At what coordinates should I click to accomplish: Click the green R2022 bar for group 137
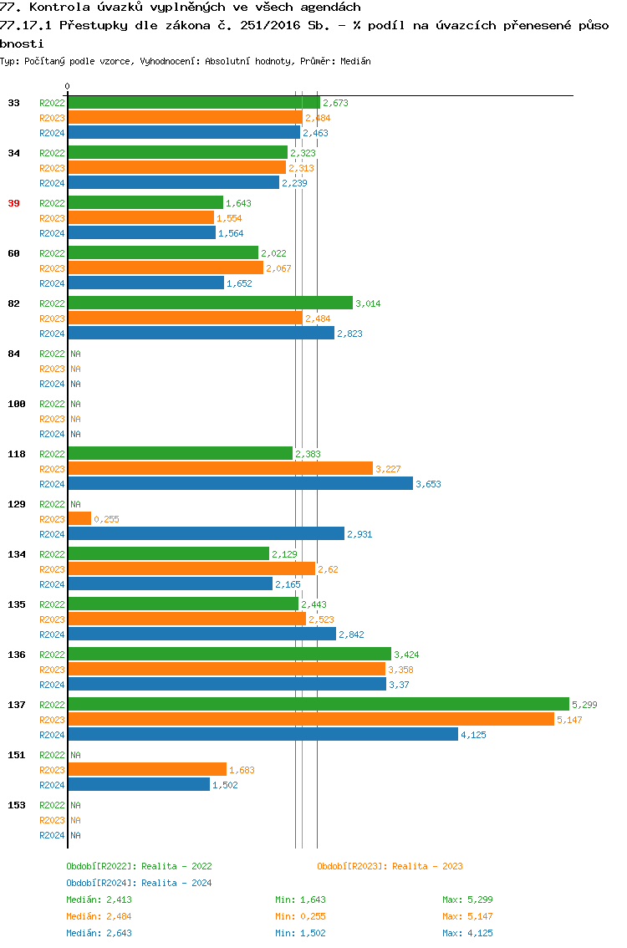(x=318, y=705)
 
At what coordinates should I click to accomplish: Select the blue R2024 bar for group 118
(x=240, y=484)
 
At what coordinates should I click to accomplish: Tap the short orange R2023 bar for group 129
(x=79, y=519)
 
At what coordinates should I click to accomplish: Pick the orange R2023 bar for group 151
(x=147, y=770)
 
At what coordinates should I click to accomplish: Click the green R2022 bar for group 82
(x=210, y=303)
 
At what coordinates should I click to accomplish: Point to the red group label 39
(x=13, y=203)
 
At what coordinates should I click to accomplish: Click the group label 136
(x=16, y=655)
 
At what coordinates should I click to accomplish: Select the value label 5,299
(x=584, y=705)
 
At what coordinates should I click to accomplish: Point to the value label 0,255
(x=106, y=519)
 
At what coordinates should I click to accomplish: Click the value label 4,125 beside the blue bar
(x=473, y=735)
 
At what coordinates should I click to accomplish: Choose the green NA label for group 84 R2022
(x=75, y=354)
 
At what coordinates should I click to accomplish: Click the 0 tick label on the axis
(x=67, y=86)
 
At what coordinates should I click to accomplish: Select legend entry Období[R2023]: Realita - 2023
(x=390, y=866)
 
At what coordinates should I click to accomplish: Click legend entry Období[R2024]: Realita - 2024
(x=139, y=883)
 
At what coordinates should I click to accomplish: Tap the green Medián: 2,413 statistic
(x=99, y=900)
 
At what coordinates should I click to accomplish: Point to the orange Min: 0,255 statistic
(x=300, y=916)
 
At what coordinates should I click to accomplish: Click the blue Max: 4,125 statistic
(x=467, y=933)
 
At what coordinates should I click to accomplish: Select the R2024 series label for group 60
(x=52, y=283)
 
